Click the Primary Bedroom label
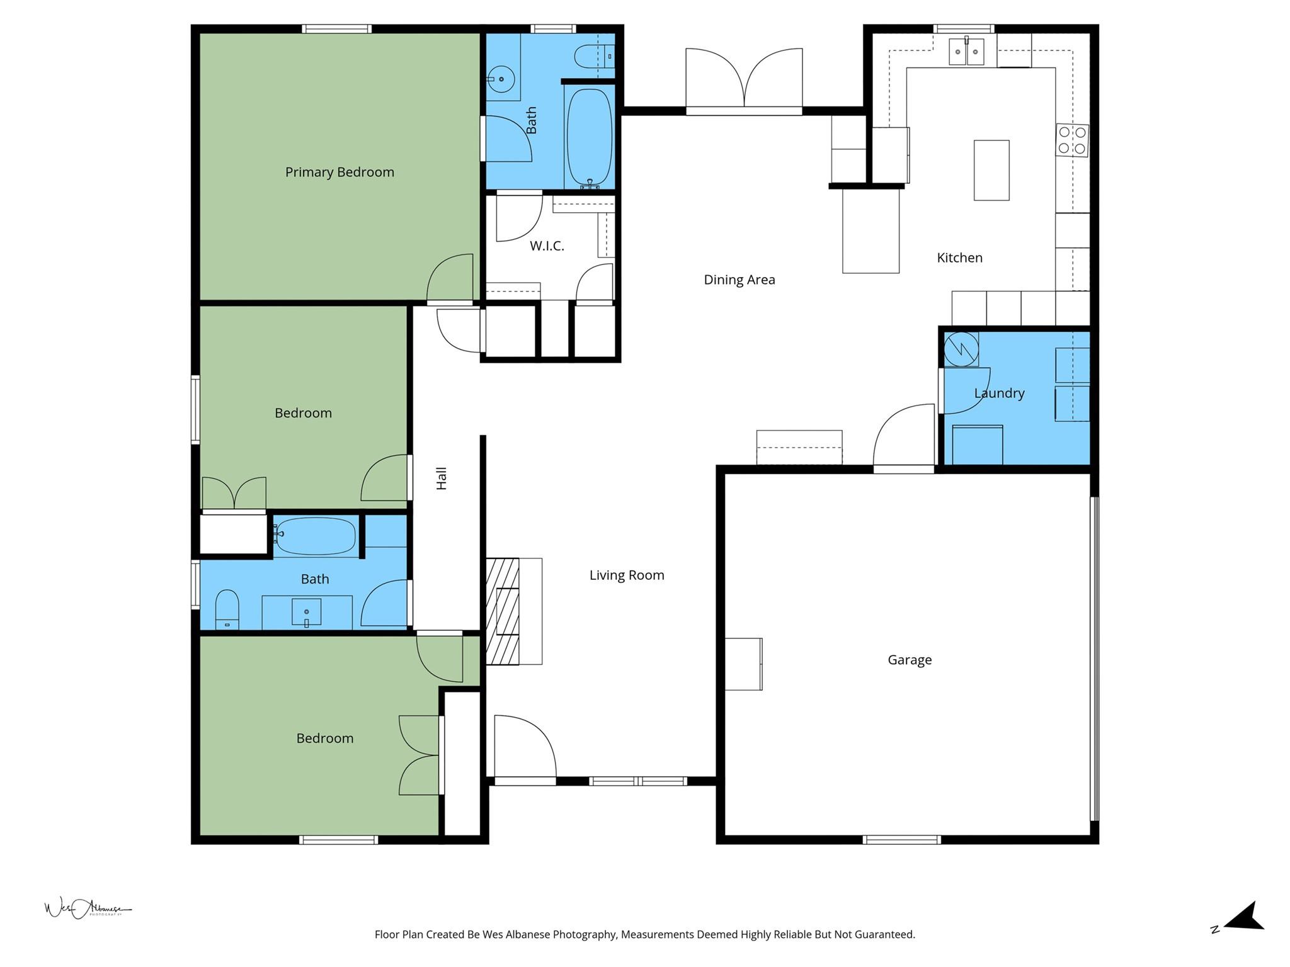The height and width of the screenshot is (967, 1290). click(x=340, y=172)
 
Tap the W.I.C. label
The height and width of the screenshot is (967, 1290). click(x=546, y=246)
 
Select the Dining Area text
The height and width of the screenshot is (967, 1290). click(x=739, y=280)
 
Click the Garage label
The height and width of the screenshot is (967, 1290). click(x=910, y=660)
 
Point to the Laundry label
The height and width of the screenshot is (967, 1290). click(x=999, y=393)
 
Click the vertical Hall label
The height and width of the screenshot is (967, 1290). click(x=442, y=478)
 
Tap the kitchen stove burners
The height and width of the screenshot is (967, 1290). click(x=1072, y=140)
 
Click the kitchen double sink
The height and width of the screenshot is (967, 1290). click(x=966, y=52)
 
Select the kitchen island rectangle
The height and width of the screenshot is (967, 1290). click(x=991, y=170)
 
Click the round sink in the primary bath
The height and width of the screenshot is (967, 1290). click(x=501, y=79)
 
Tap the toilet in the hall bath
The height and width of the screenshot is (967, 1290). click(x=227, y=609)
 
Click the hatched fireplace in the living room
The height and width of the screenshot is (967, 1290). click(x=503, y=611)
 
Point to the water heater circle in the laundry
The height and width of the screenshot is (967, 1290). click(x=961, y=348)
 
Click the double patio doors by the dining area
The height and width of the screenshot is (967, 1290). click(x=744, y=81)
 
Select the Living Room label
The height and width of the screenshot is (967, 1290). click(x=627, y=575)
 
